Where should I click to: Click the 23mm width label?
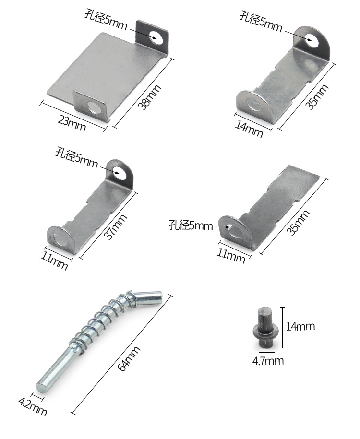pos(72,123)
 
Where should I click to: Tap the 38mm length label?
pos(149,97)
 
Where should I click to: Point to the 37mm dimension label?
pos(115,227)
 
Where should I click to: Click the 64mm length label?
pos(129,359)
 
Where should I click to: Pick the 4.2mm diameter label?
pos(33,407)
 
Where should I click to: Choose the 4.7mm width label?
pos(268,361)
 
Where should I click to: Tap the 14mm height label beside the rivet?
pos(300,326)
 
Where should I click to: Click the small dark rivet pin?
pos(265,326)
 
